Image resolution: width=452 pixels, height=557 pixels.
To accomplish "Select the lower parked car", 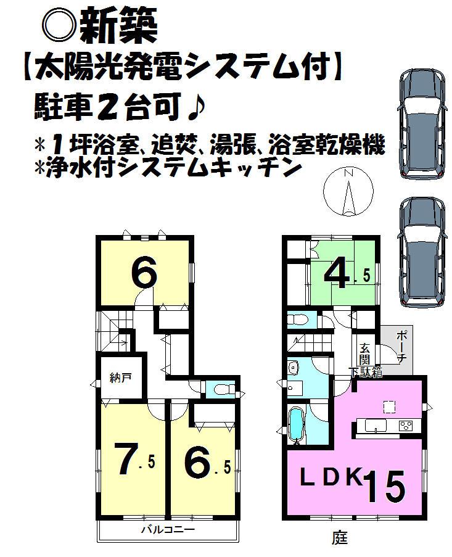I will click(x=422, y=252).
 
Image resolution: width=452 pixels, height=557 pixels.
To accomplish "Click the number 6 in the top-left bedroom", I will click(x=143, y=273).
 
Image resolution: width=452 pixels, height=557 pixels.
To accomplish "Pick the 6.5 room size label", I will click(x=204, y=462).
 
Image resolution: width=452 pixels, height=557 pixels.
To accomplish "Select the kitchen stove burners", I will click(x=406, y=424).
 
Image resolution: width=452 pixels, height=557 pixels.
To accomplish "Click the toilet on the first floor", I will click(x=298, y=320).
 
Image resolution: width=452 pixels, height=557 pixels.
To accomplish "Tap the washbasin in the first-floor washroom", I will click(x=294, y=369).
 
